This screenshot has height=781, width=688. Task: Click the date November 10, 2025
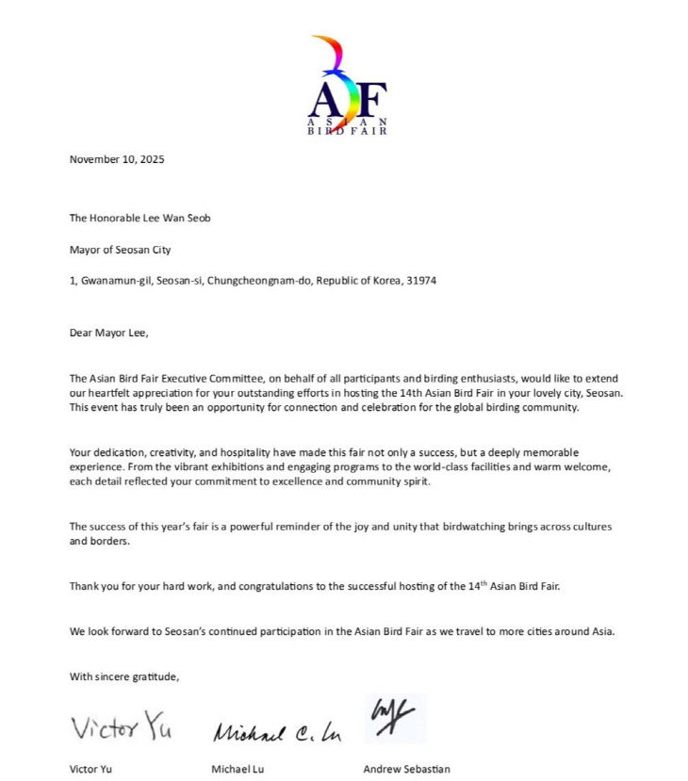tap(117, 159)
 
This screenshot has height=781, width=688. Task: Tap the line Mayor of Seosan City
tap(120, 250)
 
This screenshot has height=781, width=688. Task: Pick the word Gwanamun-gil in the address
tap(110, 281)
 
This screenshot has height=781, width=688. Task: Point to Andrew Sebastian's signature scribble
tap(395, 718)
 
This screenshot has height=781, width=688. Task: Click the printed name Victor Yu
tap(91, 769)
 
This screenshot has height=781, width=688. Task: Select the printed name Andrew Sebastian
tap(406, 769)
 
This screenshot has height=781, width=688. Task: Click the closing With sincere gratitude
tap(124, 676)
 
